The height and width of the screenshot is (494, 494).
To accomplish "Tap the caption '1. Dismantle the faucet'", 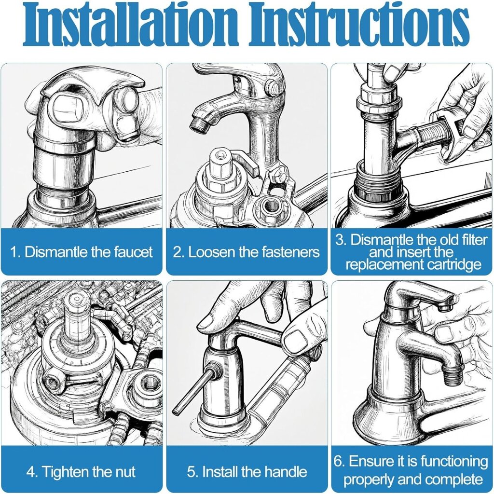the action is (81, 252).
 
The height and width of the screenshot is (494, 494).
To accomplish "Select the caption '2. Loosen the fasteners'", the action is (246, 252).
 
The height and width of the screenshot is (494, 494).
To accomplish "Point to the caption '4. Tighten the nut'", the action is (81, 472).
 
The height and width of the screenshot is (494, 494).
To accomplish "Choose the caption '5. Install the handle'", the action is (247, 472).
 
